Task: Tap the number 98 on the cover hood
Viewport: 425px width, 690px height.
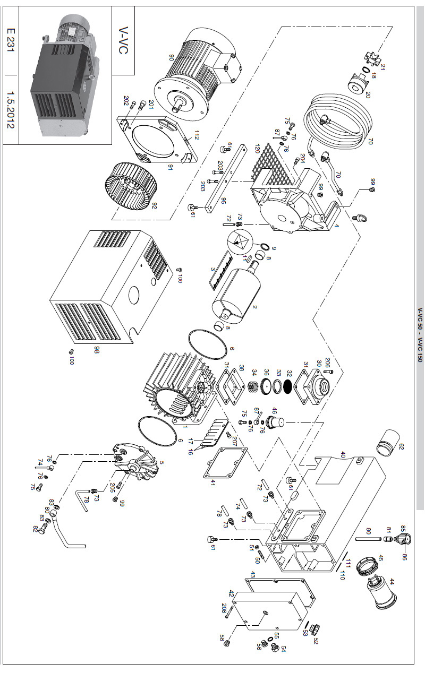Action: click(x=97, y=350)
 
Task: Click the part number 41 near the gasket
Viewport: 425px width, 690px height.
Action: click(x=213, y=482)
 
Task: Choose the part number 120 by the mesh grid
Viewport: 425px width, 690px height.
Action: click(x=257, y=148)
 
